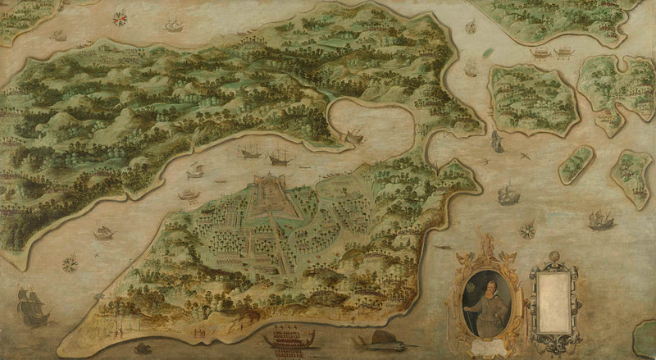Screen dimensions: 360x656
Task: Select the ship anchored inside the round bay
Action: [x=354, y=135]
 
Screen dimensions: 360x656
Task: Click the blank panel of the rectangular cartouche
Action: [x=553, y=298]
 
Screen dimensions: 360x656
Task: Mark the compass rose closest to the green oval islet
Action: [x=471, y=26]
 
